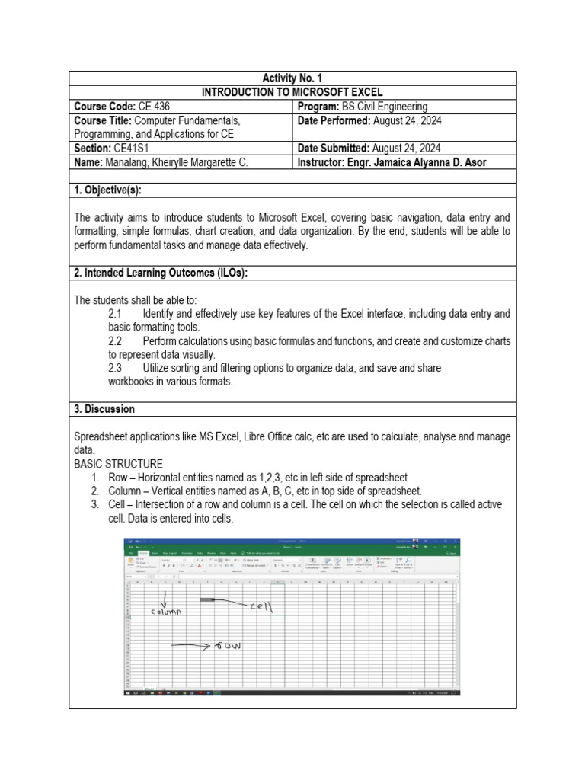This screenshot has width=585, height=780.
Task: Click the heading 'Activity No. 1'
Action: [x=292, y=78]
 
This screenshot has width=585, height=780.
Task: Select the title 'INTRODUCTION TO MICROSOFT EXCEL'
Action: [x=292, y=92]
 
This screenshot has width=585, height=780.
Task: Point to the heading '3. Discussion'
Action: [x=104, y=409]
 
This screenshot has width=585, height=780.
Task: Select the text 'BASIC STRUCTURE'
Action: [x=118, y=464]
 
